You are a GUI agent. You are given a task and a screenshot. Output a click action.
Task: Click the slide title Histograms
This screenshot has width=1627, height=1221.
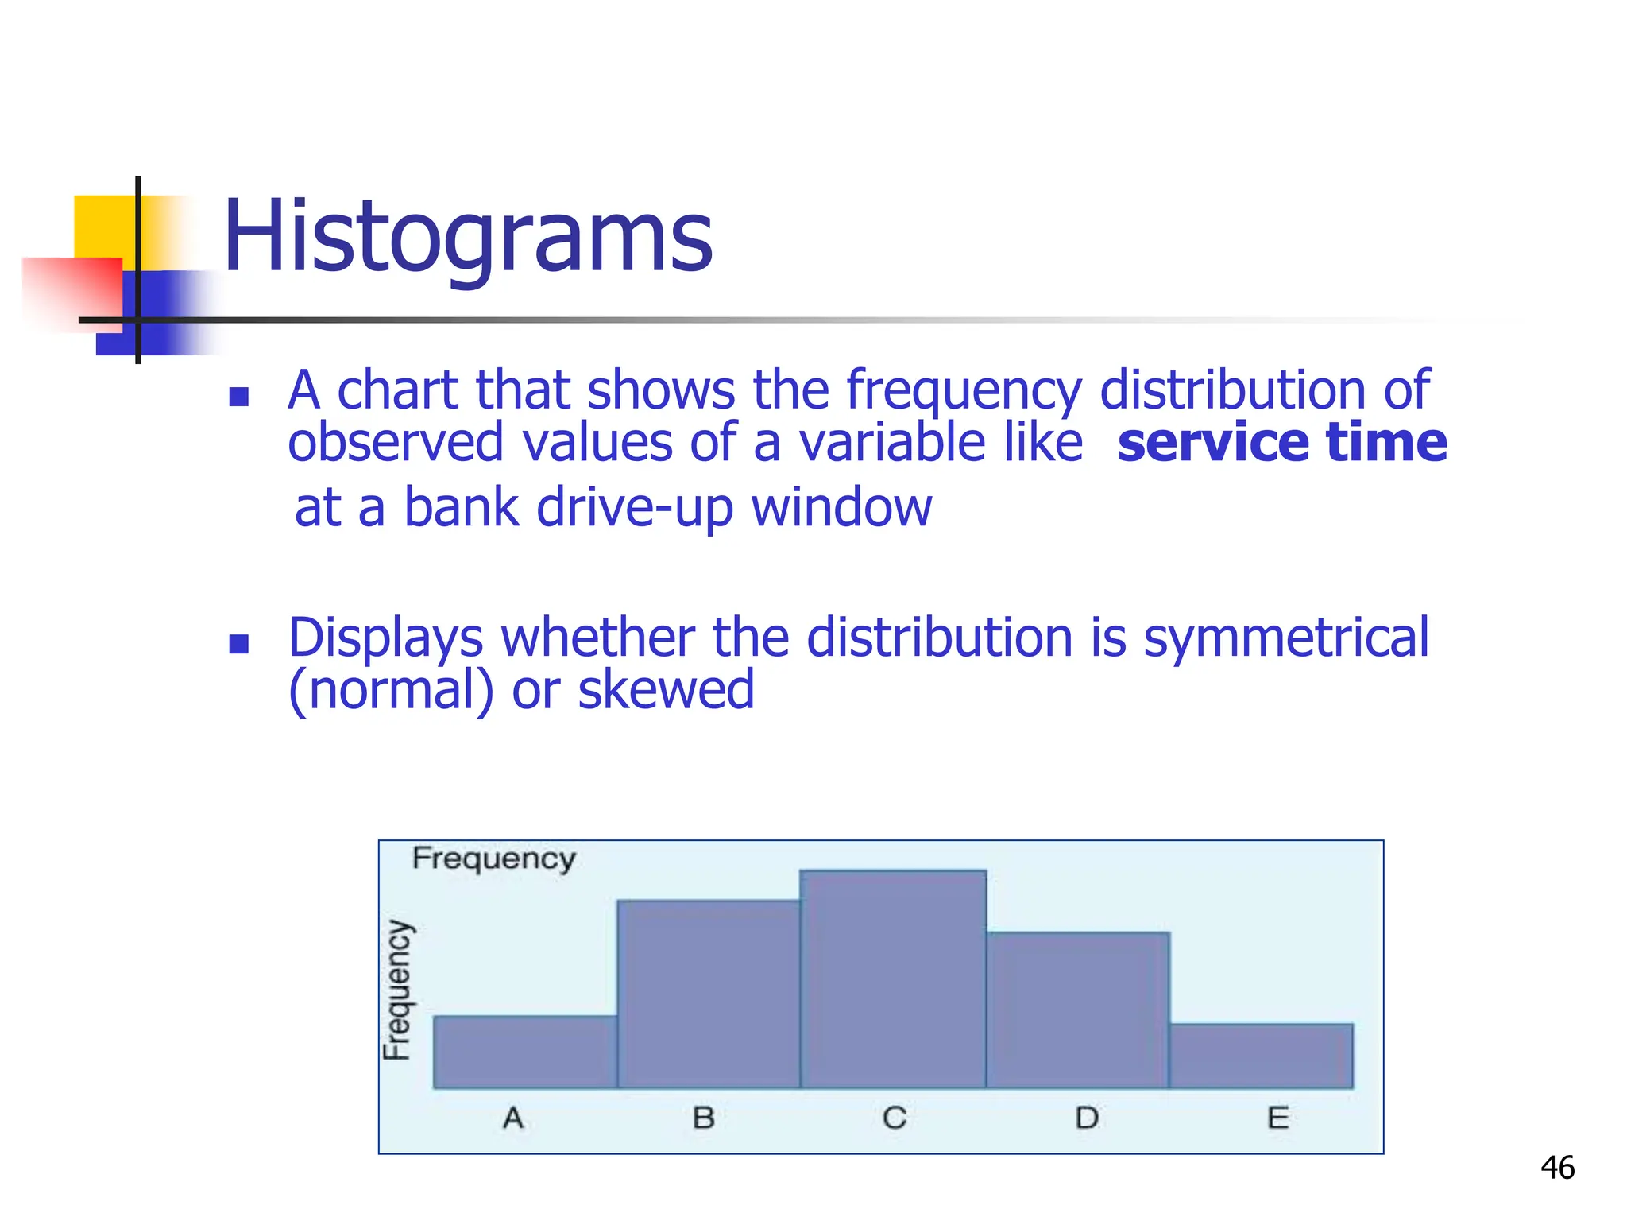pyautogui.click(x=468, y=236)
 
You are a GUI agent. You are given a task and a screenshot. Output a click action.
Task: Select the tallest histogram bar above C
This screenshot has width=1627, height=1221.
pyautogui.click(x=893, y=979)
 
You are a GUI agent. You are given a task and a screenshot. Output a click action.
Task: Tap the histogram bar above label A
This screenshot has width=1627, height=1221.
pyautogui.click(x=525, y=1052)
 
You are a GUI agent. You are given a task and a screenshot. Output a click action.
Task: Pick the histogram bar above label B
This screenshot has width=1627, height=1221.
pyautogui.click(x=709, y=994)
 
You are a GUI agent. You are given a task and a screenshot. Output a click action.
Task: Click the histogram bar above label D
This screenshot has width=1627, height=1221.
pyautogui.click(x=1078, y=1010)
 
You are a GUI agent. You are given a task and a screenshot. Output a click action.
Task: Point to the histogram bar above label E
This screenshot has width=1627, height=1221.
pyautogui.click(x=1262, y=1056)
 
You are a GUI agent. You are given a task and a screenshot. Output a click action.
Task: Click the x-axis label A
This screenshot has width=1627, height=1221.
pyautogui.click(x=513, y=1118)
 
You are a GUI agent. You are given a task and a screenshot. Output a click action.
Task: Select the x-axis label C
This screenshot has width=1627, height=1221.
pyautogui.click(x=895, y=1118)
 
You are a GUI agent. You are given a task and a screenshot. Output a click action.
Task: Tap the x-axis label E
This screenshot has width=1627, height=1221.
pyautogui.click(x=1277, y=1118)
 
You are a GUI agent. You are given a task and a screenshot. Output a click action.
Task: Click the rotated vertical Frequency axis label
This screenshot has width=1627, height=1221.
pyautogui.click(x=397, y=990)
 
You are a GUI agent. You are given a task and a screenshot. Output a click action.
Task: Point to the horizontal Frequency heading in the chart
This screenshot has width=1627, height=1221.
pyautogui.click(x=493, y=859)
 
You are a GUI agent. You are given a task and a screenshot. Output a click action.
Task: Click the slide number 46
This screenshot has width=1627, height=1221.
pyautogui.click(x=1557, y=1168)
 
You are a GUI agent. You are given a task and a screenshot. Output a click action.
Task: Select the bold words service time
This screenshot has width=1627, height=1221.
pyautogui.click(x=1281, y=443)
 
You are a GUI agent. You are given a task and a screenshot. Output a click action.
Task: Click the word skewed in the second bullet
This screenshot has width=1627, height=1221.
pyautogui.click(x=666, y=690)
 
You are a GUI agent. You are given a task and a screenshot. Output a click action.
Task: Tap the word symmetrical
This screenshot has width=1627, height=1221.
pyautogui.click(x=1285, y=638)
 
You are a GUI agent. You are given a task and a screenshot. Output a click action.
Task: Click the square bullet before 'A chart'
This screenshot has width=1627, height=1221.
pyautogui.click(x=239, y=396)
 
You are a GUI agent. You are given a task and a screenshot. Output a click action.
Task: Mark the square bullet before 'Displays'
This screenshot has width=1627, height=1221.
pyautogui.click(x=239, y=643)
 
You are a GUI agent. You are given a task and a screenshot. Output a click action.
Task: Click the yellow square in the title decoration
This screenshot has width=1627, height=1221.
pyautogui.click(x=103, y=224)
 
